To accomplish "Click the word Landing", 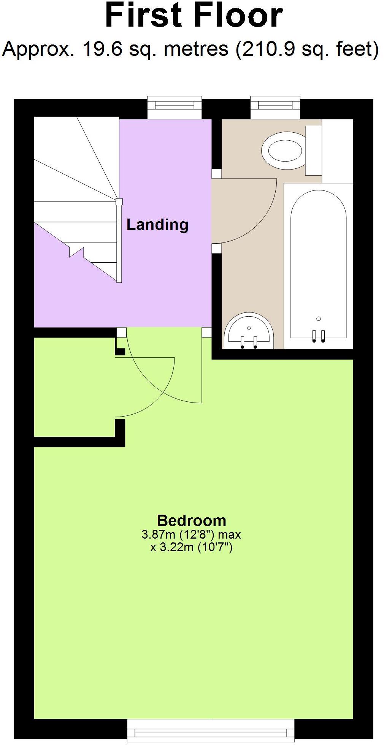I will tap(157, 224).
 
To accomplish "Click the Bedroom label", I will tap(191, 520).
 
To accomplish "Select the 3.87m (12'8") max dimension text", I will tap(191, 534).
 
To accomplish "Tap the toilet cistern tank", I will tap(314, 150).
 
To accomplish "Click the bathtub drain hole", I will tap(319, 319).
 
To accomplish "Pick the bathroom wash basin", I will tap(249, 331).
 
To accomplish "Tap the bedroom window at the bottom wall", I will tap(211, 730).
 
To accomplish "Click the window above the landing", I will tap(175, 107).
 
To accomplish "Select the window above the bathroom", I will tap(275, 107).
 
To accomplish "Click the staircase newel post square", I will tap(119, 201).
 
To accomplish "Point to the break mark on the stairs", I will tap(76, 252).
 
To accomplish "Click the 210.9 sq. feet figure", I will tap(306, 49).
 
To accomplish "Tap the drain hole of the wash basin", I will tap(249, 328).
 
